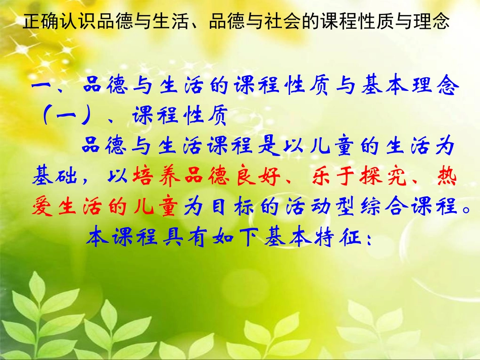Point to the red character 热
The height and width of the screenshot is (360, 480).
[444, 177]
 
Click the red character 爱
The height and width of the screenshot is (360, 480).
[43, 207]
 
